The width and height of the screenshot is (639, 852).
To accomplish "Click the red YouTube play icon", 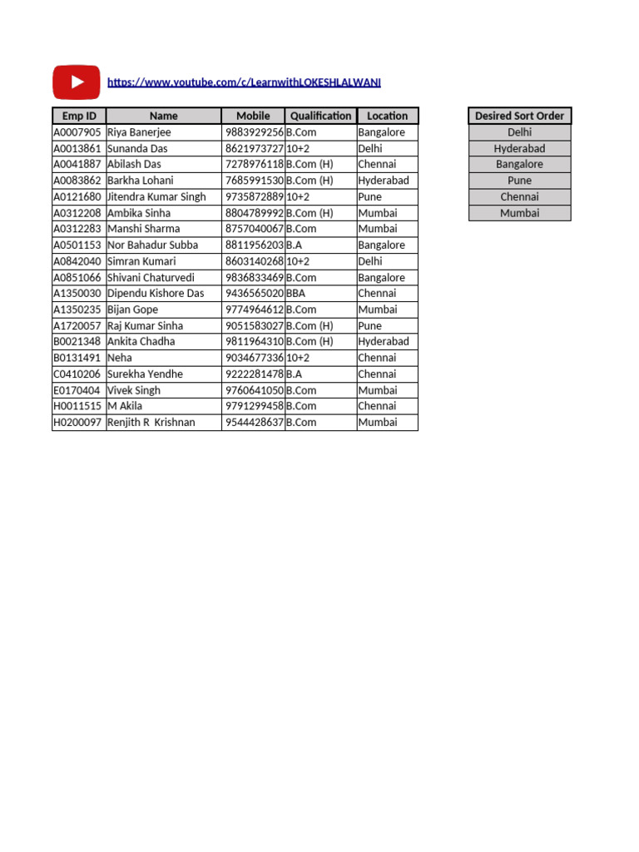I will pyautogui.click(x=77, y=82).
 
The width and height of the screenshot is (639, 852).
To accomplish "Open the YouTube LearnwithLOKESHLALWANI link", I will pyautogui.click(x=244, y=82).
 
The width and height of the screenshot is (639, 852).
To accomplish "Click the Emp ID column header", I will pyautogui.click(x=79, y=116).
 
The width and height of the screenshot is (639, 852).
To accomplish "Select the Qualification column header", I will pyautogui.click(x=320, y=116).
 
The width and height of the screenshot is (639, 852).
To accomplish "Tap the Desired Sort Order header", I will pyautogui.click(x=519, y=116).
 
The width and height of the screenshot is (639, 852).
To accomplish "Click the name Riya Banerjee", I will pyautogui.click(x=139, y=132).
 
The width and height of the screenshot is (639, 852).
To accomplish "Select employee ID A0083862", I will pyautogui.click(x=77, y=181).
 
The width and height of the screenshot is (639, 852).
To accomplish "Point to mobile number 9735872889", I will pyautogui.click(x=254, y=197).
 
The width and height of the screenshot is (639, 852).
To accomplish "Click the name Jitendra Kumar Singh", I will pyautogui.click(x=156, y=197).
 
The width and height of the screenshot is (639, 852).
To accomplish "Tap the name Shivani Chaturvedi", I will pyautogui.click(x=151, y=278).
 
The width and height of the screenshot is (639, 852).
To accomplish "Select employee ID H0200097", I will pyautogui.click(x=77, y=423).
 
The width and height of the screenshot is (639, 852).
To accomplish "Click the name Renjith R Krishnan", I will pyautogui.click(x=151, y=423).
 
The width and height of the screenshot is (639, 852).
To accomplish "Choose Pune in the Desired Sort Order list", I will pyautogui.click(x=519, y=181).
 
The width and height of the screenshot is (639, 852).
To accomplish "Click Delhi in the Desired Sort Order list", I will pyautogui.click(x=519, y=132).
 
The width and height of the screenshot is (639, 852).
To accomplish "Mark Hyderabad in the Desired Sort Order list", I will pyautogui.click(x=519, y=149).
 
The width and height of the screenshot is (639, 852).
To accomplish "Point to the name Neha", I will pyautogui.click(x=120, y=358).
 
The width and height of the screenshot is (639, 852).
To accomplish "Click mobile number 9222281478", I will pyautogui.click(x=254, y=374).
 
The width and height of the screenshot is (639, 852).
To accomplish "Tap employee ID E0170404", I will pyautogui.click(x=77, y=390).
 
